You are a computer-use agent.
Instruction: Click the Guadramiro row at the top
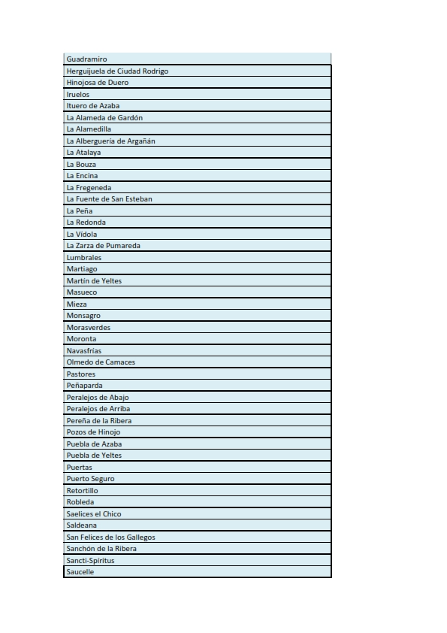pos(86,59)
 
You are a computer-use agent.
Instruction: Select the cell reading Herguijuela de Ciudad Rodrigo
pos(117,71)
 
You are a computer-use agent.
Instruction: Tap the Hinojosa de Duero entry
pos(98,83)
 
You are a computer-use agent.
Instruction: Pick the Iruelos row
pos(78,95)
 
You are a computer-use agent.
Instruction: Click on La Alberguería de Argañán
pos(111,141)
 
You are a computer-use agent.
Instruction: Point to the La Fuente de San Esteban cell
pos(109,199)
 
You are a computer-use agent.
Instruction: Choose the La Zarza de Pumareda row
pos(103,246)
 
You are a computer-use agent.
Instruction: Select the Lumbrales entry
pos(83,257)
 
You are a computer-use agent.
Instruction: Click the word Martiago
pos(82,269)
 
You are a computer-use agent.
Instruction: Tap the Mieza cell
pos(77,304)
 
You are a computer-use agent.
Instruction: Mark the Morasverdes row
pos(88,327)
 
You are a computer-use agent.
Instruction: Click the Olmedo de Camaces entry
pos(101,362)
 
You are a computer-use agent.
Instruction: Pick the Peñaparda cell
pos(84,386)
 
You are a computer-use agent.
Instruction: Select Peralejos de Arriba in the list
pos(98,409)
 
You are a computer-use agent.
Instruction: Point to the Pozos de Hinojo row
pos(93,432)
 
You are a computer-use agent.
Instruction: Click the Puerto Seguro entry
pos(90,479)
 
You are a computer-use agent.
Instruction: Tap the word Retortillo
pos(82,490)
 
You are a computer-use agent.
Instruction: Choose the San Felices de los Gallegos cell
pos(110,537)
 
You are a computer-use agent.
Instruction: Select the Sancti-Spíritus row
pos(90,560)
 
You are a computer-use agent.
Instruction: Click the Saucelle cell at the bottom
pos(80,572)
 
